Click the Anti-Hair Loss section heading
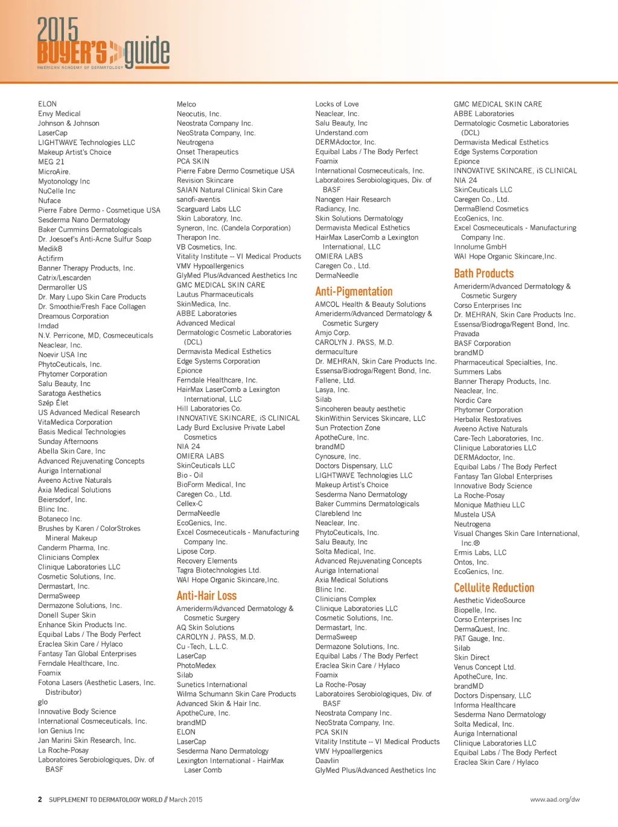point(206,596)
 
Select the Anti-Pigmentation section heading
point(354,292)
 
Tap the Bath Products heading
point(483,273)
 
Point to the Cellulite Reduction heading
point(494,588)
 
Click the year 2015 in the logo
point(58,30)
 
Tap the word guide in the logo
point(147,52)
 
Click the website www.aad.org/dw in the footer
point(555,799)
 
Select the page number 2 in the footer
point(40,799)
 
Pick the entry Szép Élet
point(53,403)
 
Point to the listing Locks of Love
point(337,104)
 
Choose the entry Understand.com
point(341,133)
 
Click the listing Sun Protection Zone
point(348,428)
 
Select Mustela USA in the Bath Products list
point(474,514)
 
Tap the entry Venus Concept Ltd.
point(484,667)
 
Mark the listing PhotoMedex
point(196,665)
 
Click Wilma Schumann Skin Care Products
point(236,694)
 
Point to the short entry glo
point(43,702)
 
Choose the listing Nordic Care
point(473,400)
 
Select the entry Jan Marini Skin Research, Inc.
point(87,741)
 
